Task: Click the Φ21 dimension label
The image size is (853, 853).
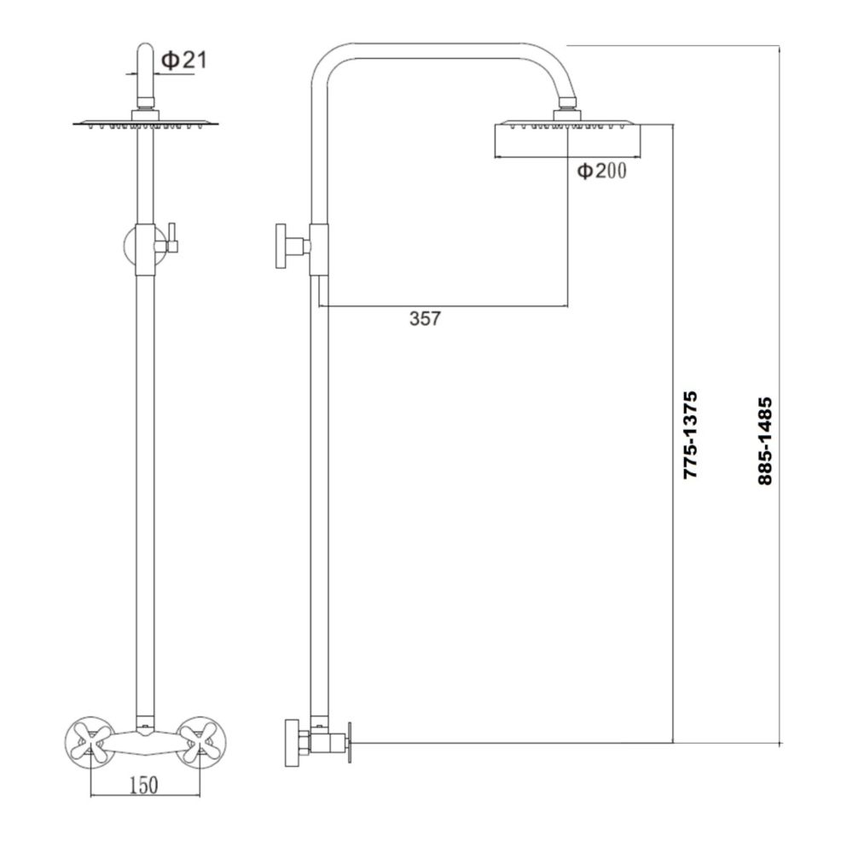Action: (183, 60)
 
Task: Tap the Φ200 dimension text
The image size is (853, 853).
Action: (602, 171)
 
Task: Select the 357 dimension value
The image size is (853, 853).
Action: (425, 319)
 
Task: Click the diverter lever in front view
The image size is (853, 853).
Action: (171, 239)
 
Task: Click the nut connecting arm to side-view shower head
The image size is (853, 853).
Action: (567, 111)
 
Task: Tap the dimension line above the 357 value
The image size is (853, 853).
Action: (444, 305)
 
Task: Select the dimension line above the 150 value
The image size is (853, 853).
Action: (145, 797)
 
